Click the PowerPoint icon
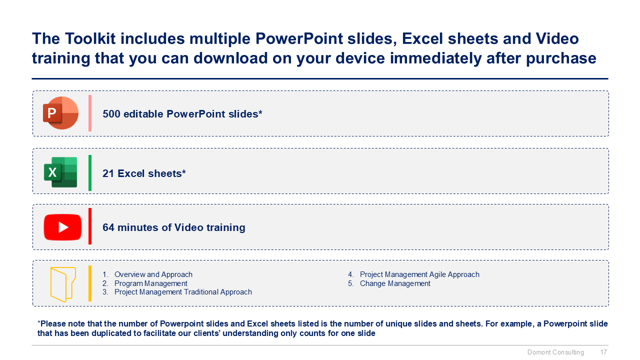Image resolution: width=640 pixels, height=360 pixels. click(60, 113)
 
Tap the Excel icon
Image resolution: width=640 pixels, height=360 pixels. click(60, 172)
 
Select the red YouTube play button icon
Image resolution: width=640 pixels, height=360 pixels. click(62, 227)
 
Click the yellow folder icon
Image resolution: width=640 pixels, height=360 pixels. click(63, 284)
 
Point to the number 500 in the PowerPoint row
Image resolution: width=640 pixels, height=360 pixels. click(111, 114)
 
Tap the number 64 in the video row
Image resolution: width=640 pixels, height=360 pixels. click(108, 227)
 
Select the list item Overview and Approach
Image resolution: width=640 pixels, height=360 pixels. click(153, 274)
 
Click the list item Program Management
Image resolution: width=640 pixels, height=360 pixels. click(151, 283)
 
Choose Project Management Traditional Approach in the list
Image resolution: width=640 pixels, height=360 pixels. click(183, 292)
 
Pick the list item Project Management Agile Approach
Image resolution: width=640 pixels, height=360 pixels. click(419, 274)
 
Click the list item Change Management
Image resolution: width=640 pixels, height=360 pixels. click(395, 283)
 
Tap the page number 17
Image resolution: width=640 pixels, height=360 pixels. click(603, 352)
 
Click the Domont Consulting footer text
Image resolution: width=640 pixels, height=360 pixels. click(555, 352)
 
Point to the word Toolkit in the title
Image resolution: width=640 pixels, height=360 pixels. click(90, 38)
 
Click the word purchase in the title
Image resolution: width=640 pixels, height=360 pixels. click(561, 58)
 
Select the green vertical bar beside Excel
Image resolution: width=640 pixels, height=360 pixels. click(90, 173)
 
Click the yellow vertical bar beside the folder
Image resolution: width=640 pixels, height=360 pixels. click(90, 283)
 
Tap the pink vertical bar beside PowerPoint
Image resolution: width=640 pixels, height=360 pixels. click(90, 113)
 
